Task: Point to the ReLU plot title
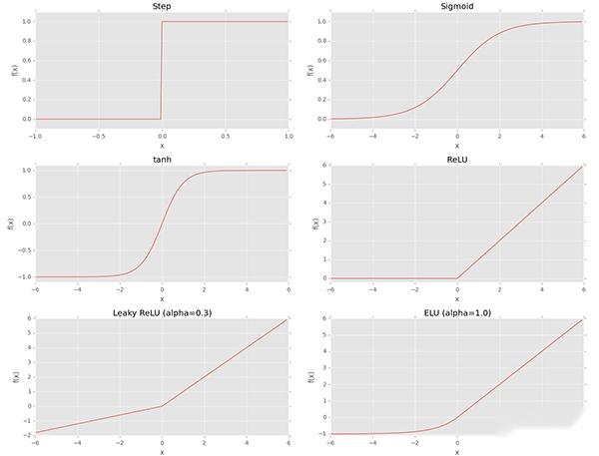(457, 157)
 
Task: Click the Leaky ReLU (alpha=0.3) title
(162, 313)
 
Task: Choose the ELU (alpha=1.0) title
(457, 313)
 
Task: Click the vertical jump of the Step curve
(162, 70)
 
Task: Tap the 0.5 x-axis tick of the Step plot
(225, 134)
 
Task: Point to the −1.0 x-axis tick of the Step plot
(35, 134)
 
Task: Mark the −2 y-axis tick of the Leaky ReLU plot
(24, 434)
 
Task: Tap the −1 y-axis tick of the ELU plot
(321, 434)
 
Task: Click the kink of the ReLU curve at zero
(457, 277)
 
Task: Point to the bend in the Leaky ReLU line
(162, 406)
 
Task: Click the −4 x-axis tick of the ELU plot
(371, 444)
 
